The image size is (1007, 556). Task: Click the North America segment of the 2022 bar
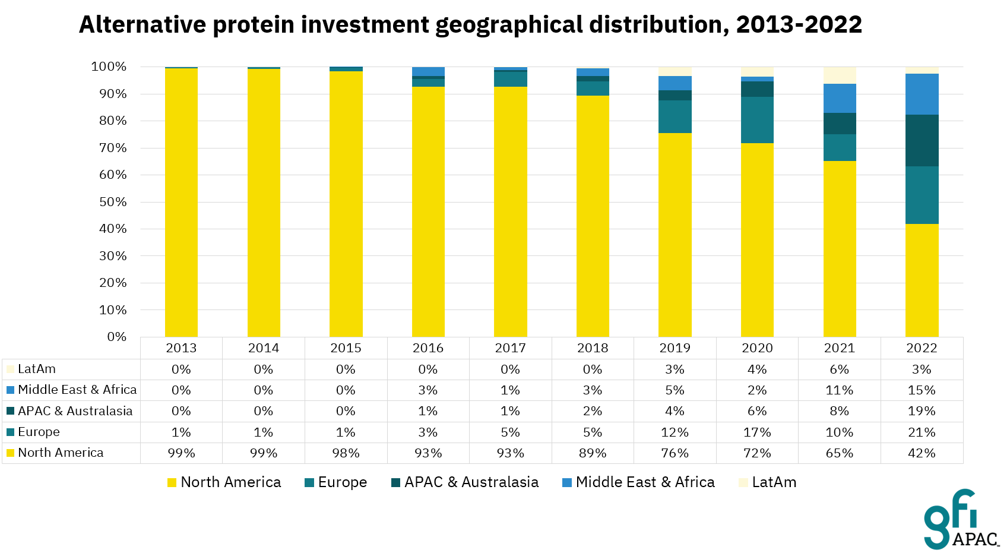pos(921,280)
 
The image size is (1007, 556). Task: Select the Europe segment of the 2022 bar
pos(921,195)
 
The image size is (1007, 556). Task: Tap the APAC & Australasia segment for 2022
pos(921,140)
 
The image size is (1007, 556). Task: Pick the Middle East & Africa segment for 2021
pos(840,98)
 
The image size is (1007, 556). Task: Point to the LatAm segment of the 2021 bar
pos(840,75)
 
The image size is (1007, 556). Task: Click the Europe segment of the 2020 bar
pos(757,119)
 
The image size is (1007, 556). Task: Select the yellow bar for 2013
pos(181,202)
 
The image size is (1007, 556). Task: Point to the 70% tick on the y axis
pos(113,148)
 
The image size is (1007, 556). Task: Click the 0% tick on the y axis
pos(116,337)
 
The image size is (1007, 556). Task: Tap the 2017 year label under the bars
pos(510,348)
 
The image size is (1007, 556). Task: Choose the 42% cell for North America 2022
pos(921,453)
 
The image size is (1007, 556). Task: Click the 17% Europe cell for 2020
pos(757,432)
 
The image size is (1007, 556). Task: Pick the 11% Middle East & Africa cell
pos(840,390)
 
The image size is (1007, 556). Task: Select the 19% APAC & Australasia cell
pos(921,411)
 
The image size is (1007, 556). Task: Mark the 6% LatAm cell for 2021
pos(840,369)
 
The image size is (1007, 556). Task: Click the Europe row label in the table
pos(39,432)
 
